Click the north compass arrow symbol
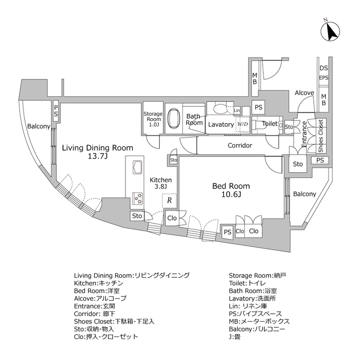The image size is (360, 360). tap(330, 31)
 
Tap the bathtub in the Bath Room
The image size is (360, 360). tap(174, 118)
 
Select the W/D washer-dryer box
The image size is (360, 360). tap(242, 124)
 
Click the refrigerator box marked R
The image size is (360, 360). tap(169, 200)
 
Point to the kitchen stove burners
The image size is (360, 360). tap(138, 198)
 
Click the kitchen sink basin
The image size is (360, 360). tap(138, 168)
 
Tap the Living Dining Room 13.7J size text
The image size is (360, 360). tap(98, 156)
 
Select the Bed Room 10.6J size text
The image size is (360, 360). tap(231, 195)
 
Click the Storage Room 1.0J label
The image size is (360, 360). tap(153, 119)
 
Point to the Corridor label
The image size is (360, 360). tap(240, 145)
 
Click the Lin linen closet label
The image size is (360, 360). tap(237, 110)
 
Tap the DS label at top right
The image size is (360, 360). tap(324, 68)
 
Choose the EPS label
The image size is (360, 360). tap(324, 78)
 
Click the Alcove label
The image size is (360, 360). tap(304, 93)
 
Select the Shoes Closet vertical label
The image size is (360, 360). tap(321, 136)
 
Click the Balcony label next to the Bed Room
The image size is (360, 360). tap(305, 194)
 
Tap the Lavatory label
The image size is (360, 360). tap(221, 124)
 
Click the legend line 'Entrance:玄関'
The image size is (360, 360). tap(94, 306)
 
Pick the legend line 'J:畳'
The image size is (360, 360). tap(235, 337)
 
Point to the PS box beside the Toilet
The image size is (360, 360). tap(259, 107)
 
